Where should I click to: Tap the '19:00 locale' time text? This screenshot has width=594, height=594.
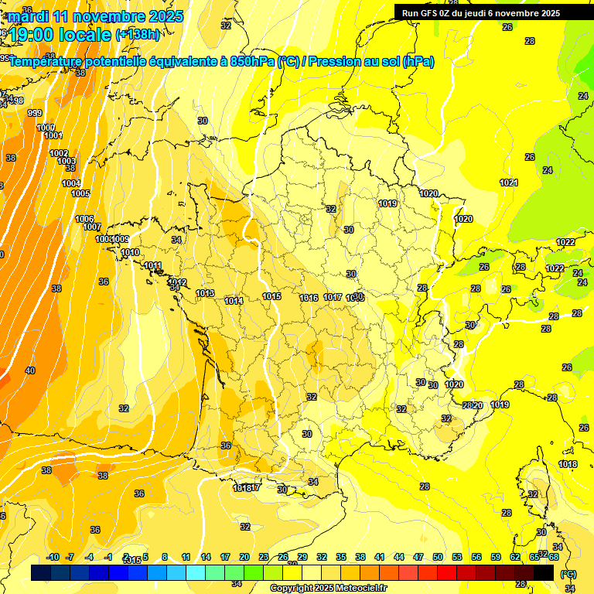60,34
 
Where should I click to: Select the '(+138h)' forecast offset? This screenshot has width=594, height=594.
138,35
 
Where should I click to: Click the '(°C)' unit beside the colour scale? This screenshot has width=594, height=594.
568,574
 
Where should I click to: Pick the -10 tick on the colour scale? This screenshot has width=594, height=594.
53,558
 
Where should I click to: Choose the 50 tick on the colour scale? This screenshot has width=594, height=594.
438,558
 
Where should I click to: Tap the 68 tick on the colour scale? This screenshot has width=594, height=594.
554,558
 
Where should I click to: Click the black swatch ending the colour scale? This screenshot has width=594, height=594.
544,572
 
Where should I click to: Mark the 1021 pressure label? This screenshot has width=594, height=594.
508,183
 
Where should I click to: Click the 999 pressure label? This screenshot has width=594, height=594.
35,114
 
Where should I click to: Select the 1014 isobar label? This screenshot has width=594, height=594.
234,301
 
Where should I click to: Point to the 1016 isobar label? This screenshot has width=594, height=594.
309,298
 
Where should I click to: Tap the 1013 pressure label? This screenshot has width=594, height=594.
205,293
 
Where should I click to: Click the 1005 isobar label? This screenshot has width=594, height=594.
80,193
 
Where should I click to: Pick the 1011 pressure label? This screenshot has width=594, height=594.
153,266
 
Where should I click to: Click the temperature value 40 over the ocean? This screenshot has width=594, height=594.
30,370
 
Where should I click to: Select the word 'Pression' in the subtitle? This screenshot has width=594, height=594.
331,62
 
